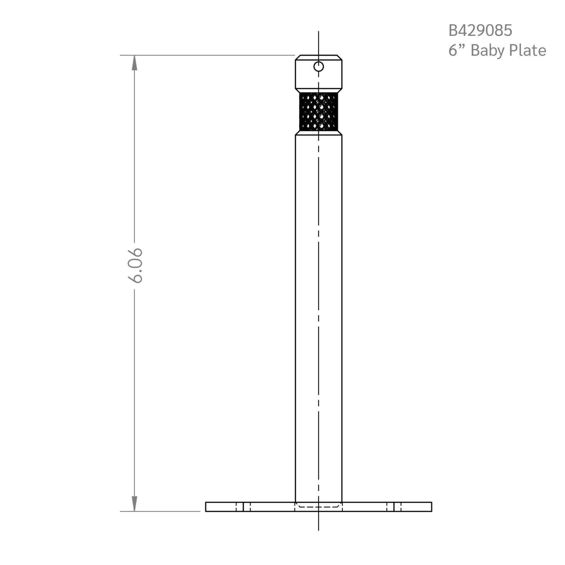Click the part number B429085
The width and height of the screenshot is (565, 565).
(x=480, y=31)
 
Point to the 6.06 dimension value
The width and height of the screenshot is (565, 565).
(x=135, y=265)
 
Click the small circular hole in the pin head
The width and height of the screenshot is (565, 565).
(x=319, y=67)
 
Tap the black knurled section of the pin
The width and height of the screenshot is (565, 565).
(x=319, y=111)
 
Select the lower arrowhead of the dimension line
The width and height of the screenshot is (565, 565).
(x=134, y=504)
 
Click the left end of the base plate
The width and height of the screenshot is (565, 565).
(x=206, y=507)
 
